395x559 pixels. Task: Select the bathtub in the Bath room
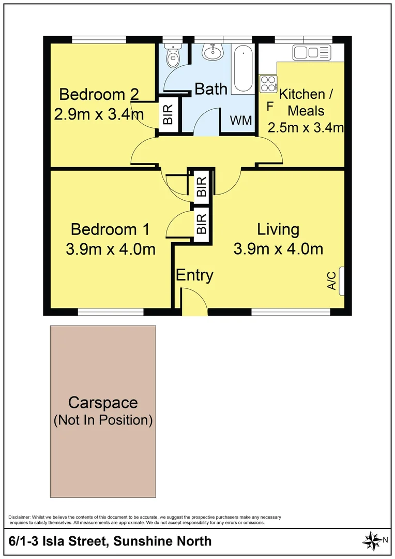pyautogui.click(x=242, y=70)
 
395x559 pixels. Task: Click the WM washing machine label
pyautogui.click(x=241, y=121)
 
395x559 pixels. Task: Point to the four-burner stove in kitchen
pyautogui.click(x=268, y=84)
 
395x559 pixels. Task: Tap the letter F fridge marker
pyautogui.click(x=269, y=107)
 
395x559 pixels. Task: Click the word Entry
pyautogui.click(x=194, y=275)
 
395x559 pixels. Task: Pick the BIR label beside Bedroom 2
pyautogui.click(x=168, y=113)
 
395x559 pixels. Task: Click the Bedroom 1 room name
pyautogui.click(x=110, y=229)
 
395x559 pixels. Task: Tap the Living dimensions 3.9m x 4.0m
pyautogui.click(x=278, y=249)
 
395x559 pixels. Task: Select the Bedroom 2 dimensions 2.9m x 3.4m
pyautogui.click(x=99, y=114)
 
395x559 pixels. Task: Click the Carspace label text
pyautogui.click(x=103, y=402)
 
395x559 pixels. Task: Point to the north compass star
pyautogui.click(x=371, y=540)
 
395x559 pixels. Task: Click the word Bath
pyautogui.click(x=211, y=89)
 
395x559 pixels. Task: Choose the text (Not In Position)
pyautogui.click(x=103, y=420)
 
